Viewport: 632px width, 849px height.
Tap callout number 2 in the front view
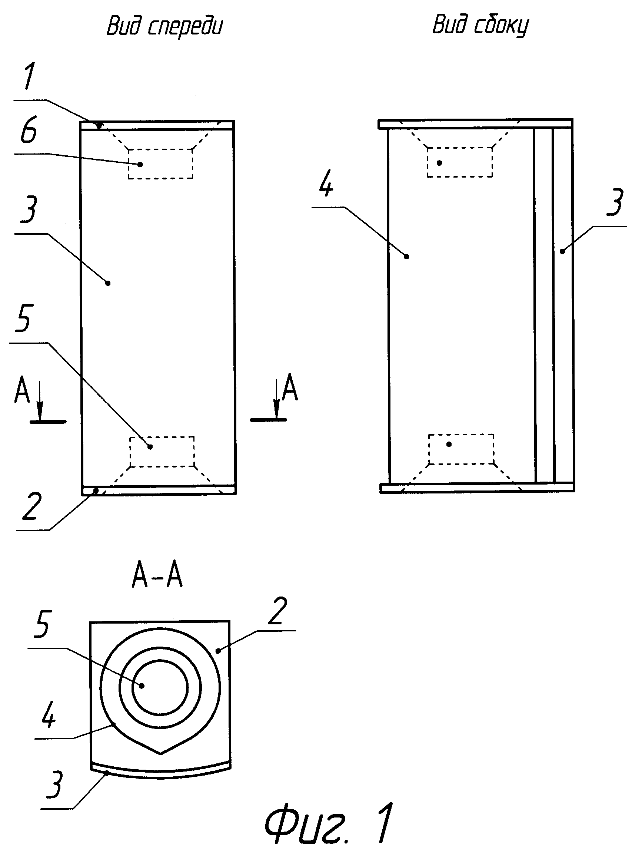[31, 506]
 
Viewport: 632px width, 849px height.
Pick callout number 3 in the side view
[615, 203]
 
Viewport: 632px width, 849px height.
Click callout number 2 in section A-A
[278, 612]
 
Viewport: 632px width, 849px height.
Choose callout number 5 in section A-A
[42, 625]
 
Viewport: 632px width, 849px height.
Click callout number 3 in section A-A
[55, 785]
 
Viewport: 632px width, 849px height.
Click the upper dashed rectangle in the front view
[160, 164]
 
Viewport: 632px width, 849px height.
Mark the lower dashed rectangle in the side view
[461, 449]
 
